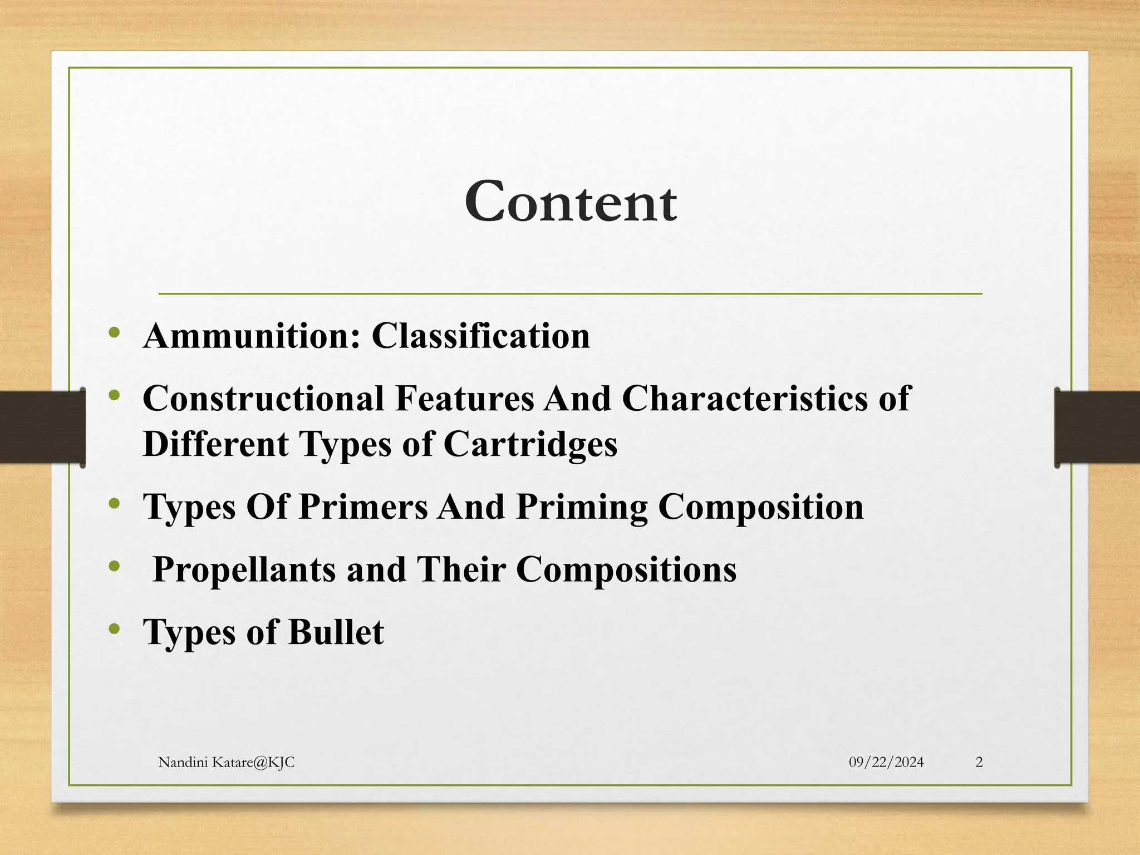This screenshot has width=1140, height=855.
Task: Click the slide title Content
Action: coord(571,202)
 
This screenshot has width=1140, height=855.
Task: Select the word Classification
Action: coord(480,336)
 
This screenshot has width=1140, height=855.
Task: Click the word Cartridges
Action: coord(530,445)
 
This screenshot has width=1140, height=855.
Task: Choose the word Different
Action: coord(216,444)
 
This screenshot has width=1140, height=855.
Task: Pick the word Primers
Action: coord(363,507)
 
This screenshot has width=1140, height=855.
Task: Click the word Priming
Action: coord(581,508)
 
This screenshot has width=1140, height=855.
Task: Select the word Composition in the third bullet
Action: coord(761,508)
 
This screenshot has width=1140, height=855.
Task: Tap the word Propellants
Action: coord(244,570)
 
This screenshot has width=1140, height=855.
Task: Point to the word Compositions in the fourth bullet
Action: coord(626,570)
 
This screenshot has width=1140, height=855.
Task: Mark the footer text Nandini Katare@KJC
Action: coord(226,763)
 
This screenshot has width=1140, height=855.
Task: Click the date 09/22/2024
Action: coord(886,763)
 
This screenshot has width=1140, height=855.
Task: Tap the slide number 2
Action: coord(979,763)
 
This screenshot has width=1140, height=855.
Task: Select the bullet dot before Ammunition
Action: coord(115,333)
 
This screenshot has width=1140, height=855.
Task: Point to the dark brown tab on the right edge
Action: coord(1097,427)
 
